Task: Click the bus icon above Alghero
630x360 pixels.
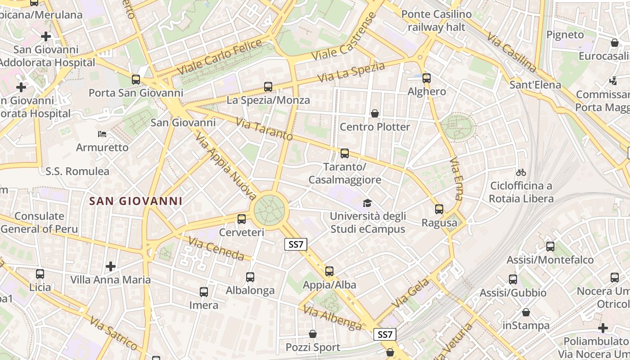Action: coord(427,78)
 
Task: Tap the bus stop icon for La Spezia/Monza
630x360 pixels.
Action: coord(268,87)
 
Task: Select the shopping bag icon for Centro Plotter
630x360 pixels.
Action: coord(374,113)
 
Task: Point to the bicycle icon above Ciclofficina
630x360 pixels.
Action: coord(521,172)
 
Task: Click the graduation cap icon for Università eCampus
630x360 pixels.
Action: coord(368,203)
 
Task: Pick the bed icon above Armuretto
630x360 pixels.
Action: coord(102,134)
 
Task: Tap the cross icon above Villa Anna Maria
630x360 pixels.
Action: coord(111,266)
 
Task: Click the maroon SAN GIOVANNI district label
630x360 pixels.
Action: coord(136,201)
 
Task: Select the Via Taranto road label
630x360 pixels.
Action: coord(264,130)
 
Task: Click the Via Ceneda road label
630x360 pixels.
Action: coord(216,248)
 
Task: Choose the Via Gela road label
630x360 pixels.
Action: coord(410,293)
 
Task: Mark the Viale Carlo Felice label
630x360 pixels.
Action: coord(220,57)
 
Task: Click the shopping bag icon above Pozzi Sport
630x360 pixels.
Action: coord(313,334)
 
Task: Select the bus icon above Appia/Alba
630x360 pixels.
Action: coord(329,271)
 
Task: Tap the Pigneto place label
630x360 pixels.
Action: coord(565,35)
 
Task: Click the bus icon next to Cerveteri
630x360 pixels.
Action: coord(242,219)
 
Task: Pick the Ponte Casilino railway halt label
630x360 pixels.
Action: coord(436,21)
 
